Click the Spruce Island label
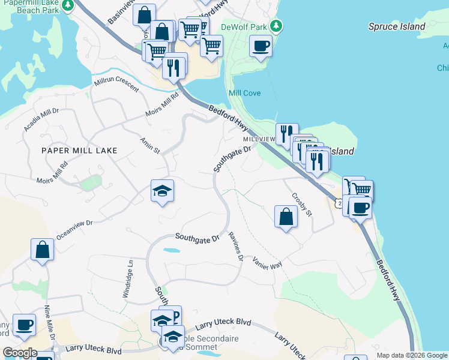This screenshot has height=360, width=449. pos(396,26)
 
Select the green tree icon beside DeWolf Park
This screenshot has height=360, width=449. pos(276,26)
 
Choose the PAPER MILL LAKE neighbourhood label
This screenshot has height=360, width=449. pos(79,150)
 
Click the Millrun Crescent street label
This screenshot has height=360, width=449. pos(116,85)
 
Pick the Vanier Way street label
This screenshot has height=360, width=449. pos(267,262)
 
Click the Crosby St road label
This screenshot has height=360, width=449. pos(302,205)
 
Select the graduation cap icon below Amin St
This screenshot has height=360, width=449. pos(162,191)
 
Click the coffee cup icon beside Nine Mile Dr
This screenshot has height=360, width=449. pos(24,326)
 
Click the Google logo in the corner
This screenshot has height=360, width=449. pos(20,353)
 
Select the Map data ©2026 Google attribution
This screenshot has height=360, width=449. pos(412,355)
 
